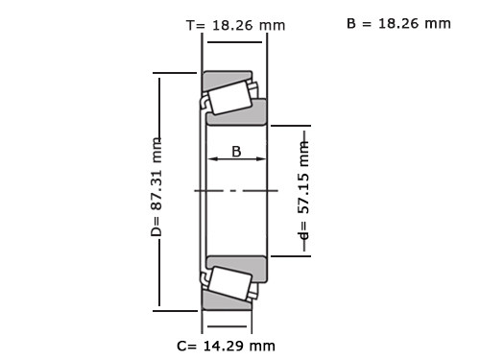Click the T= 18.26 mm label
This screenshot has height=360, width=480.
pos(234,26)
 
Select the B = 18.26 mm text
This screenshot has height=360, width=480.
pos(397,23)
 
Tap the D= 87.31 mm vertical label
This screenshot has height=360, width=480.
pos(156,187)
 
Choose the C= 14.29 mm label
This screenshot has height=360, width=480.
pos(227,345)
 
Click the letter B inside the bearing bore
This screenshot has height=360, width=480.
pos(236,151)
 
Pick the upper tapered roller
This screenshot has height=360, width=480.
pos(228,97)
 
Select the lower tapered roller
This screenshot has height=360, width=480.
pos(228,283)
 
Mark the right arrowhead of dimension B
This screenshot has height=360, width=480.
pos(262,161)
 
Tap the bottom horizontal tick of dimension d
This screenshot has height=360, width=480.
pos(290,255)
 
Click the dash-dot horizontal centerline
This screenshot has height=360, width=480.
pos(236,191)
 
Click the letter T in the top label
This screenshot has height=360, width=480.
pos(189,26)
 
